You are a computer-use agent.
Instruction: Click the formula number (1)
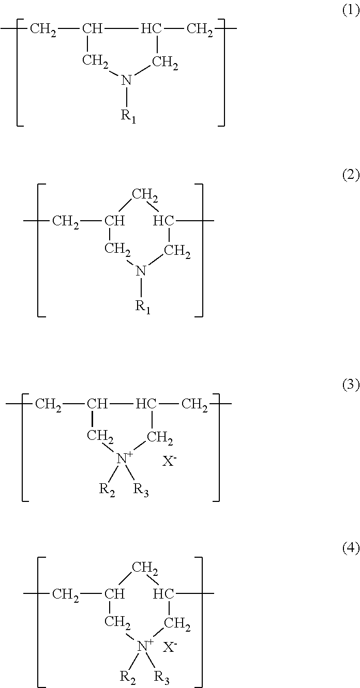pos(351,12)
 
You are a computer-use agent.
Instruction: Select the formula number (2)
pos(351,175)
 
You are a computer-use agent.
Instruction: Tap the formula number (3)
pos(351,386)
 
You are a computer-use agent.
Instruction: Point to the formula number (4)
pos(351,548)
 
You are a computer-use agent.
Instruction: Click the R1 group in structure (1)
pos(128,116)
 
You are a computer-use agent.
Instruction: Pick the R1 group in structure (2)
pos(143,307)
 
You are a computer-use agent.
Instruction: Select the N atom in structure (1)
pos(127,80)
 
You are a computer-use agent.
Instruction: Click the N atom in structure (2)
pos(141,270)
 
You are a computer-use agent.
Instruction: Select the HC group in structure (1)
pos(151,28)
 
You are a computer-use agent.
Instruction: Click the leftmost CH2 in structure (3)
pos(48,404)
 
